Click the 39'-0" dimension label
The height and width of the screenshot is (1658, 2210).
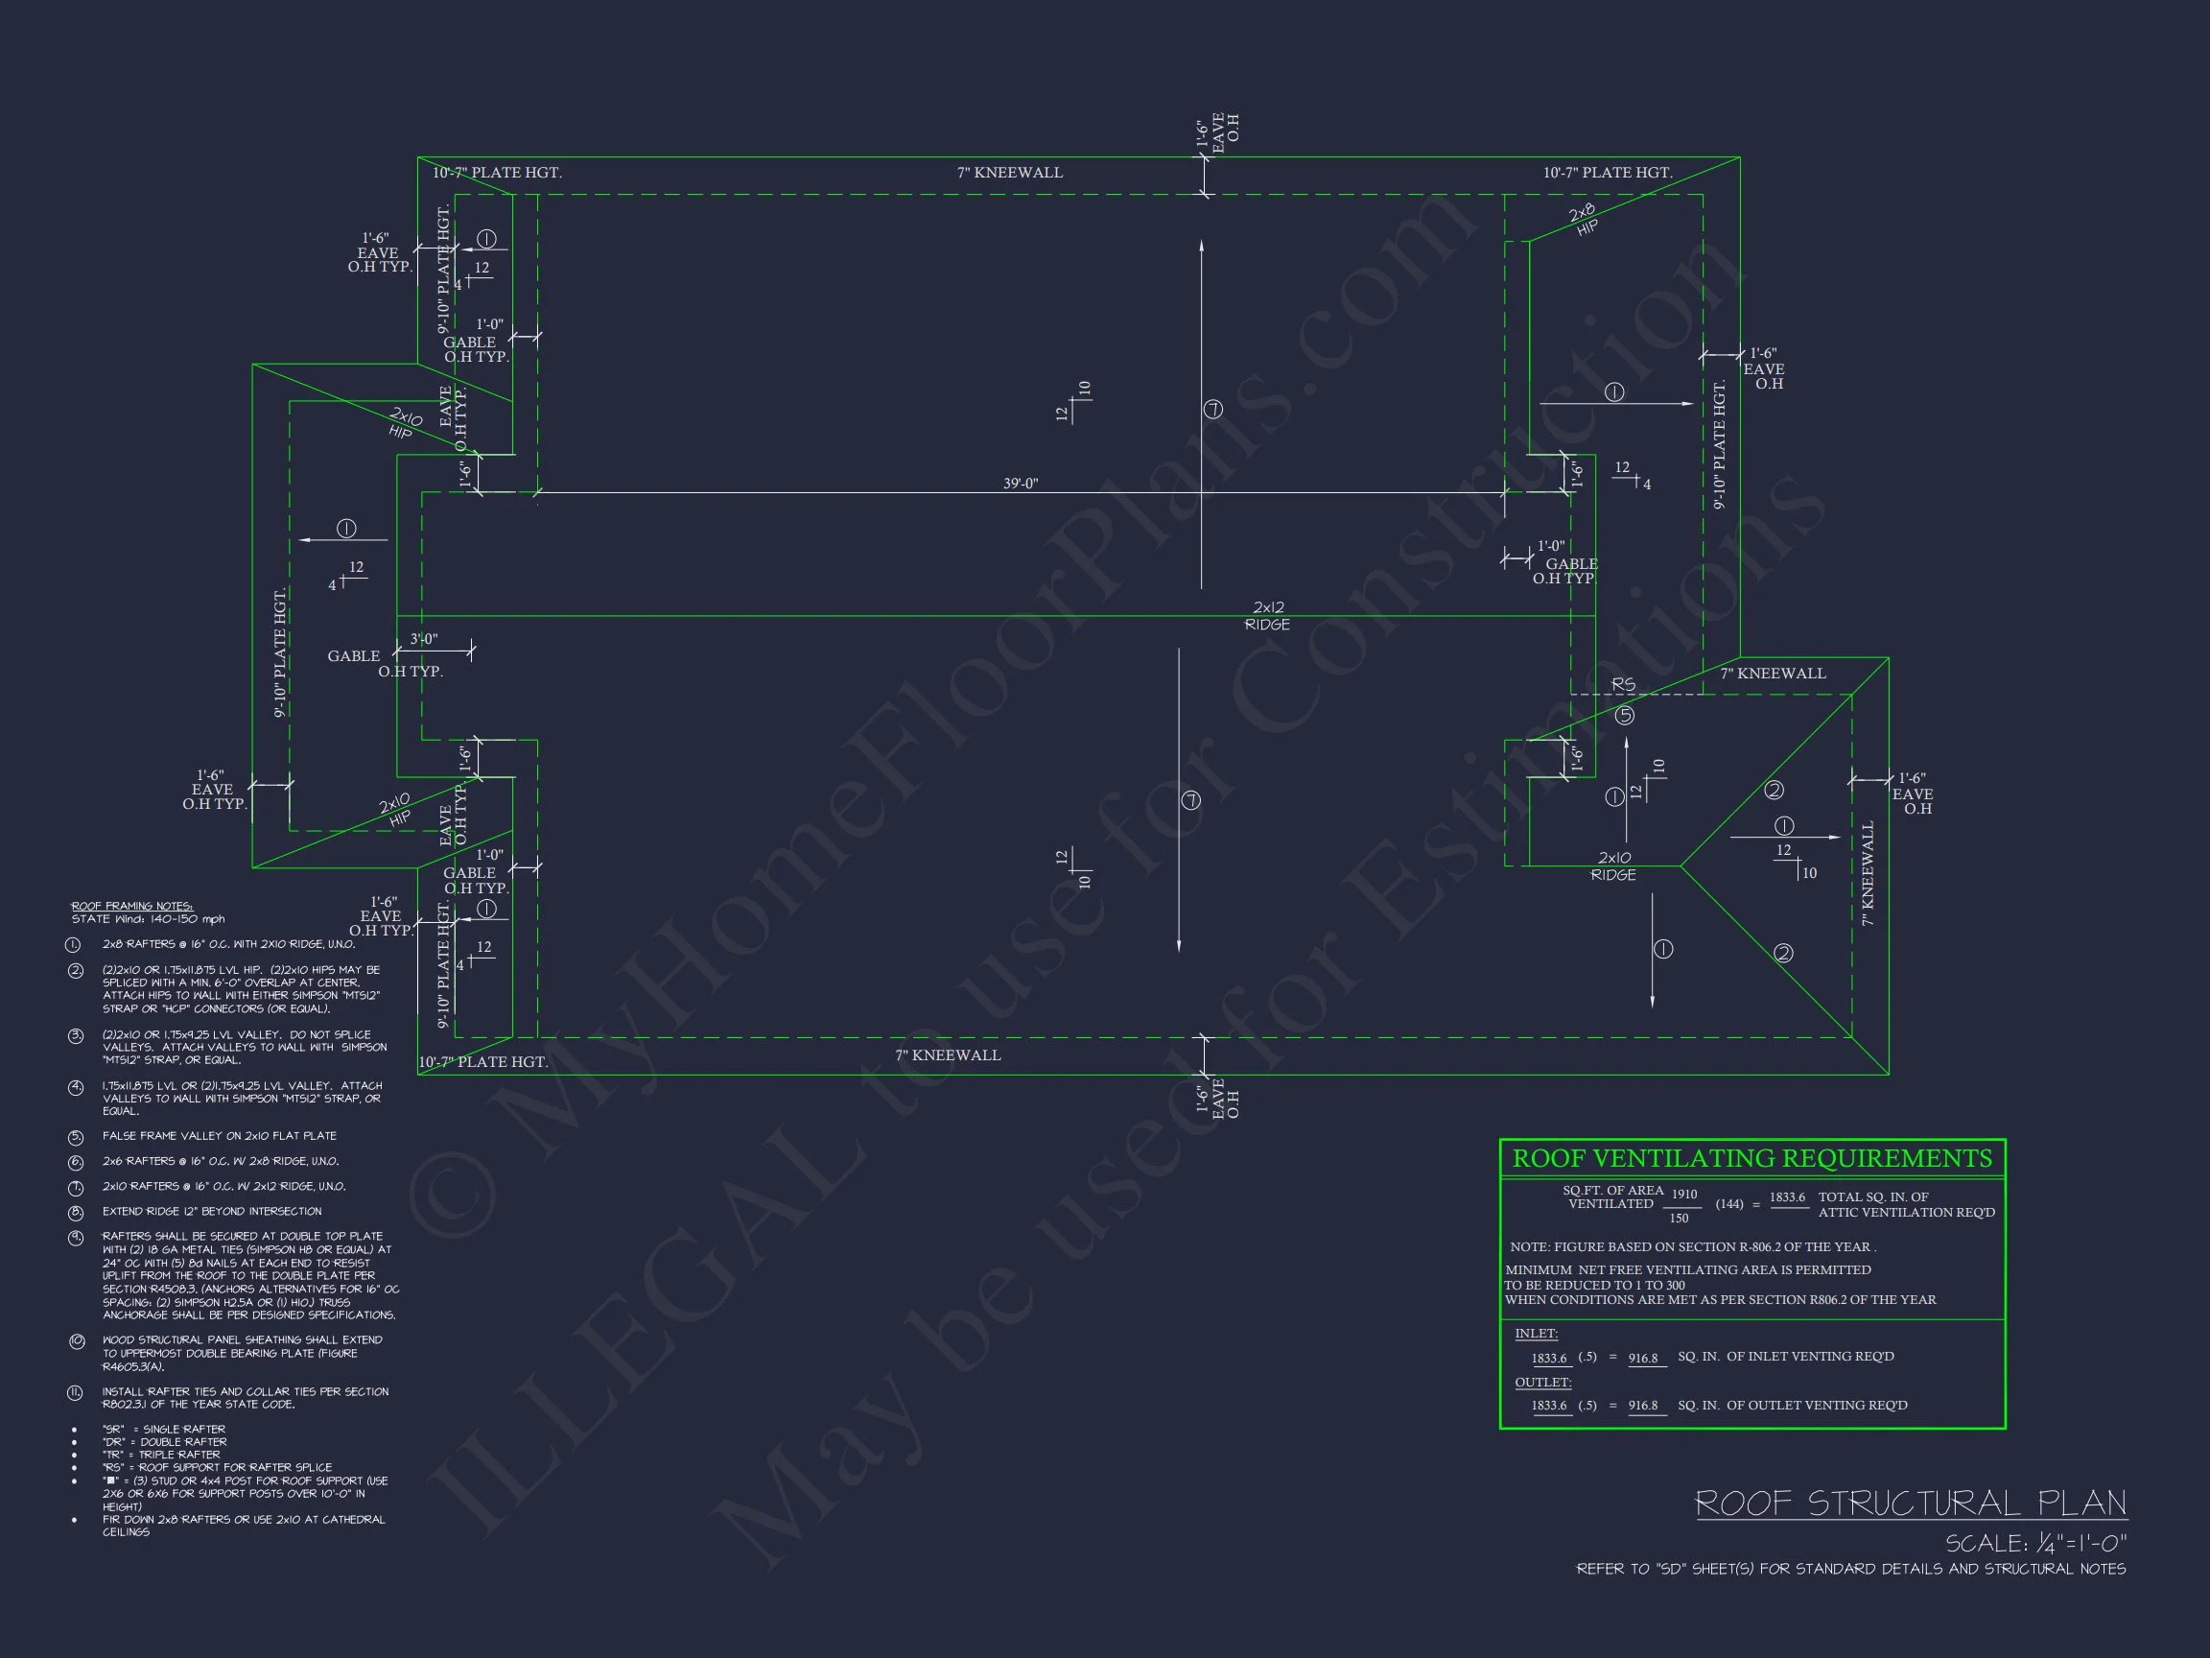pos(1020,484)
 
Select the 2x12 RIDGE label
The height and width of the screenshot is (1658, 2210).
pos(1268,616)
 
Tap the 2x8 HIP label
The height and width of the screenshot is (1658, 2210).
pos(1584,220)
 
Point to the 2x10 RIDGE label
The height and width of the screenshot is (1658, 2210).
pos(1613,865)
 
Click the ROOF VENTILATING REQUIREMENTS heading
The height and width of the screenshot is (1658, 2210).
pos(1752,1158)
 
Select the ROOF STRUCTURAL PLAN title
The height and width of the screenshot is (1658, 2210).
pos(1911,1504)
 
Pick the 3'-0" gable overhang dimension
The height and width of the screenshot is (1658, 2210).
pos(424,639)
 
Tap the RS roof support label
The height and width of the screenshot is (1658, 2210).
pos(1624,684)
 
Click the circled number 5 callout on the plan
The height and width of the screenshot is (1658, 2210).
pos(1625,716)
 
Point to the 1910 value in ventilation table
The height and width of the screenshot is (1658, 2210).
pos(1684,1195)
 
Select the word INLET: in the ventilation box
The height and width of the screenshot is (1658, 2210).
pos(1536,1333)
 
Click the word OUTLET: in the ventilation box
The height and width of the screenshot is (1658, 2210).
pos(1542,1383)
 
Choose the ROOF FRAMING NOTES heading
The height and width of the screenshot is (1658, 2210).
pos(131,906)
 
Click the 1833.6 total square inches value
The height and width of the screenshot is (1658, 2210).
pos(1787,1197)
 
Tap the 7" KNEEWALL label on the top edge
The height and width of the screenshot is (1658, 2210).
pos(1009,173)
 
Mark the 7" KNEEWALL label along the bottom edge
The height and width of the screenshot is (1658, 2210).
pos(947,1055)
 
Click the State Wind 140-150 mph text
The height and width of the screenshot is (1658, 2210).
pos(148,919)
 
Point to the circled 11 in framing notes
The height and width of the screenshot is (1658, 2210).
pos(75,1393)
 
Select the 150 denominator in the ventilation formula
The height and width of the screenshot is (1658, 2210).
pos(1679,1219)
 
